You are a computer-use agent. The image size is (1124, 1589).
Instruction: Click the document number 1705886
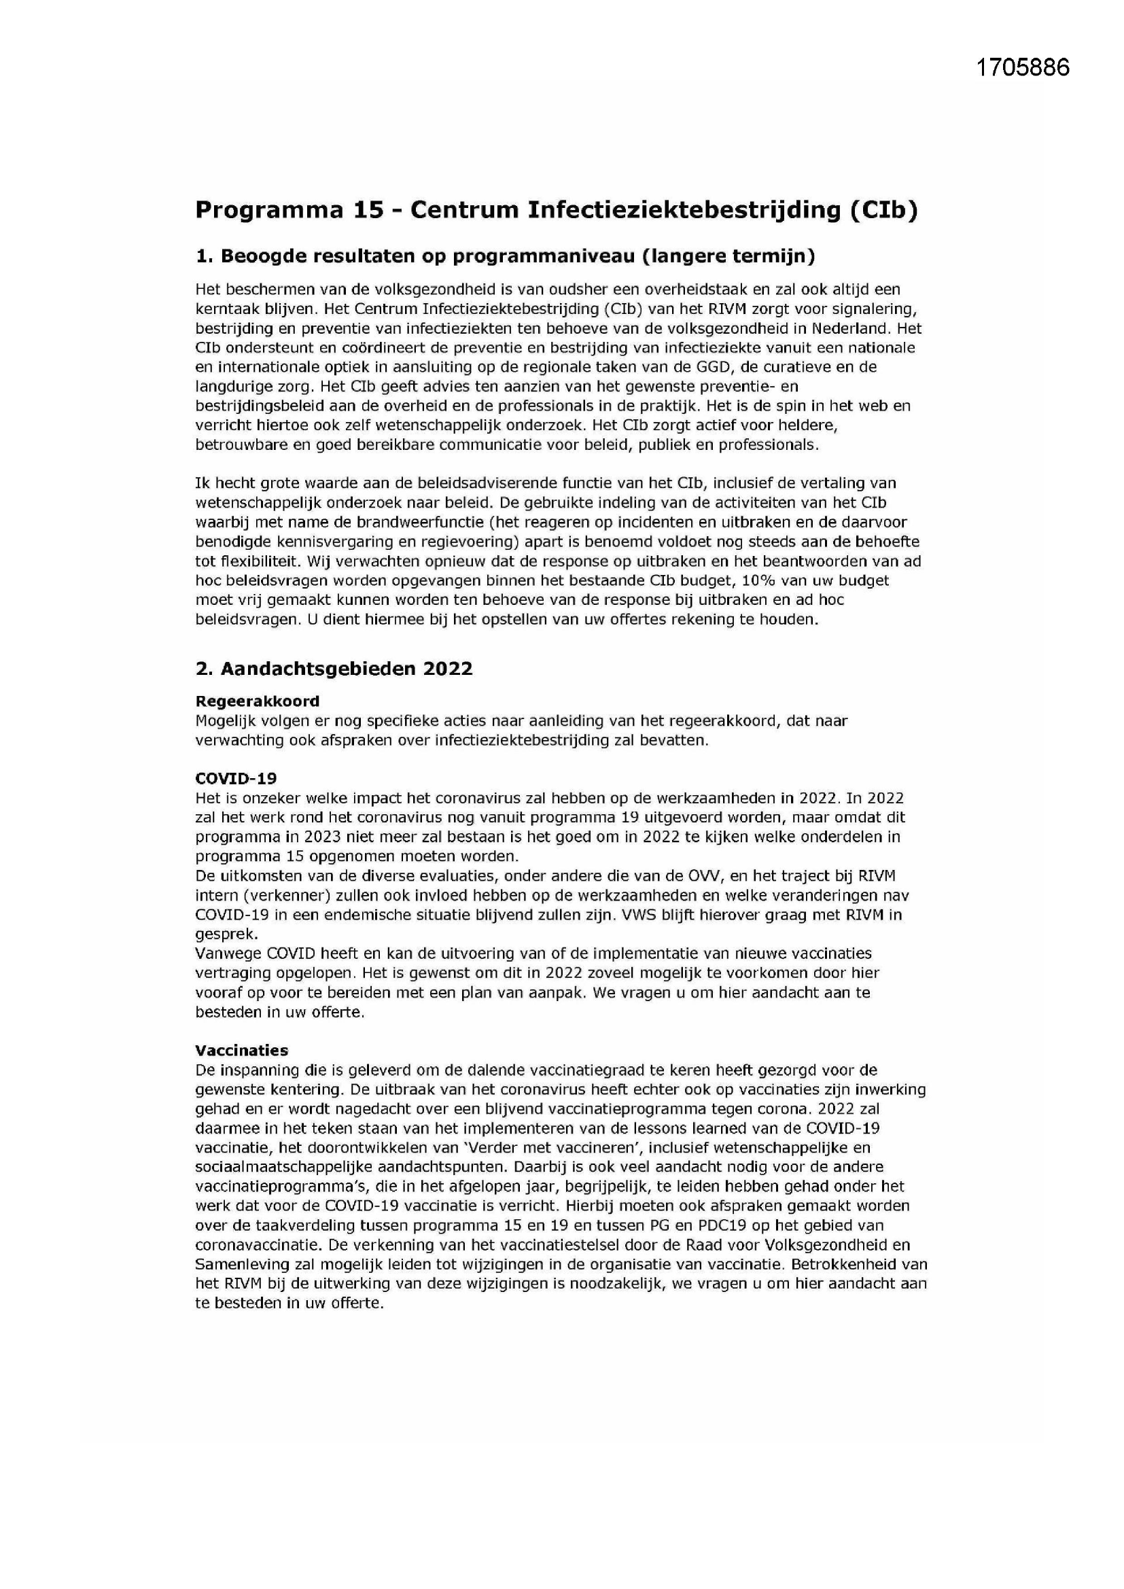(1022, 67)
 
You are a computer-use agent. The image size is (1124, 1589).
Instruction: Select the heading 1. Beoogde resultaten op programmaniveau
(505, 256)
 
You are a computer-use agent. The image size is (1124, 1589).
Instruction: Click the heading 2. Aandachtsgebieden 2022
(334, 669)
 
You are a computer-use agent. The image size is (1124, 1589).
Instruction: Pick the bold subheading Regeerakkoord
(257, 701)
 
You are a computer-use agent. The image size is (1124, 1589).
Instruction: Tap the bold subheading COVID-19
(235, 779)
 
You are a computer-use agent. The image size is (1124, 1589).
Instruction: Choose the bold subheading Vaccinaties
(241, 1050)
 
